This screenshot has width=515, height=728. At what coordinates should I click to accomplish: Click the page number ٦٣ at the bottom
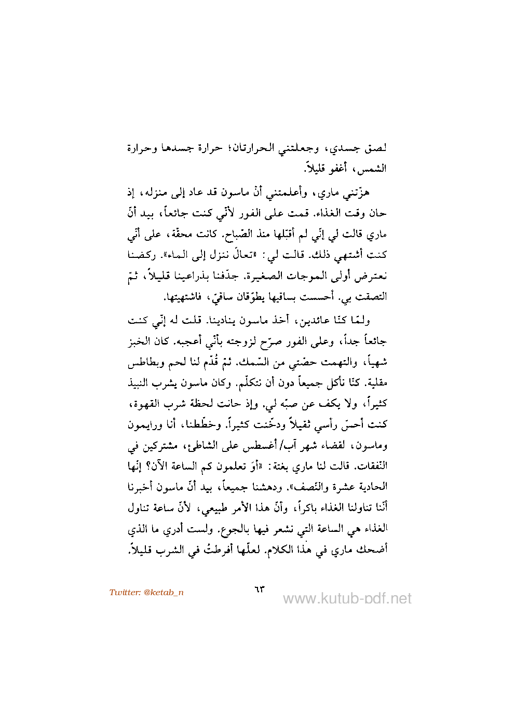259,589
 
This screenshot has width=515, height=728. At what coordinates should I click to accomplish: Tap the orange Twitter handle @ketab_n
146,593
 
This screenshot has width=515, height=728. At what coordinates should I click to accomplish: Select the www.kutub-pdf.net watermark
347,599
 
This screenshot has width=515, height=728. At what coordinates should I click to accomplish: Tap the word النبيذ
140,383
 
